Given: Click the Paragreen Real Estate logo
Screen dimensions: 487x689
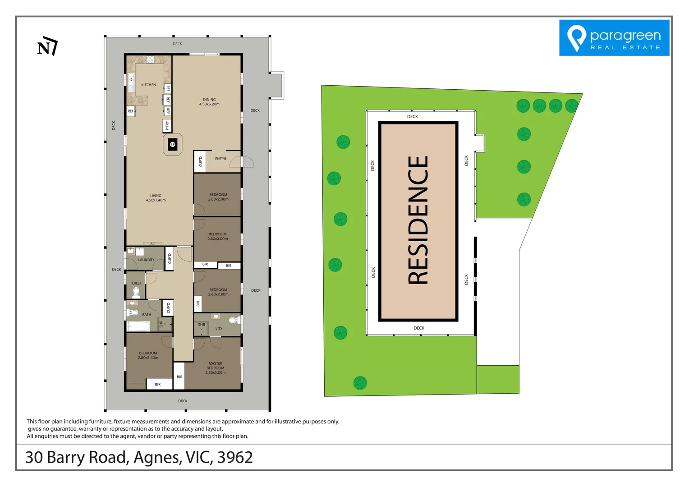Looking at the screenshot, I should pos(614,38).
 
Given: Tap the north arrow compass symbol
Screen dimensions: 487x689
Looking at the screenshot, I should pos(47,46).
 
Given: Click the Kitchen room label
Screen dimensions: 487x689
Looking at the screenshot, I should pos(148,85).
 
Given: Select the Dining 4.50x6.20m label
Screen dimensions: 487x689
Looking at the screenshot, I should pos(209,102).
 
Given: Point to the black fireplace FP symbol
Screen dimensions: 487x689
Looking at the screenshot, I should pos(172,145).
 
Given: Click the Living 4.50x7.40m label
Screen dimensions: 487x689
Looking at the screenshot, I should pos(156,198).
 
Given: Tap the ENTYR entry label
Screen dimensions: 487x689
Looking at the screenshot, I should pos(220,159).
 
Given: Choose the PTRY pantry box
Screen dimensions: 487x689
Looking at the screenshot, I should pos(167,126).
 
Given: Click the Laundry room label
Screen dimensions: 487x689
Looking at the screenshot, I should pos(146,260).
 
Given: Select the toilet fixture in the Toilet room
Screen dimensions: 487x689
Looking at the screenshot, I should pos(136,292).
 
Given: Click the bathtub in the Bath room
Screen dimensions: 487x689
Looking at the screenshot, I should pos(138,326).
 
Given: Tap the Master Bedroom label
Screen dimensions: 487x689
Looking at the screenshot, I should pos(215,368).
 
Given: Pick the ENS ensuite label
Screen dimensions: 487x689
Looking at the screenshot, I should pos(219,328).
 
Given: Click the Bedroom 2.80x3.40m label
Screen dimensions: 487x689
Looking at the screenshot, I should pos(148,355).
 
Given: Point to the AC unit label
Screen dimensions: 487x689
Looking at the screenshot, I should pos(152,244).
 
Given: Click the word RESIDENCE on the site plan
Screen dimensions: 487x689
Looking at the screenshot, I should pos(418,220).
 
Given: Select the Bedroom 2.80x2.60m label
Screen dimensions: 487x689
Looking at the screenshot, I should pos(218,292).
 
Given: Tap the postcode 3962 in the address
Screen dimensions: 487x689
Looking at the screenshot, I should pos(235,457).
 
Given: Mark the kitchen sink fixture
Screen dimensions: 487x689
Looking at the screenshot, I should pos(131,80).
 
